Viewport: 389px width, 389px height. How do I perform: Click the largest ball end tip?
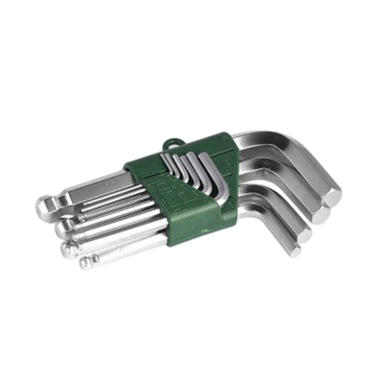coord(44,206)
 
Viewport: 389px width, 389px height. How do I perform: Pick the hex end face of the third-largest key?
coord(303,234)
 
